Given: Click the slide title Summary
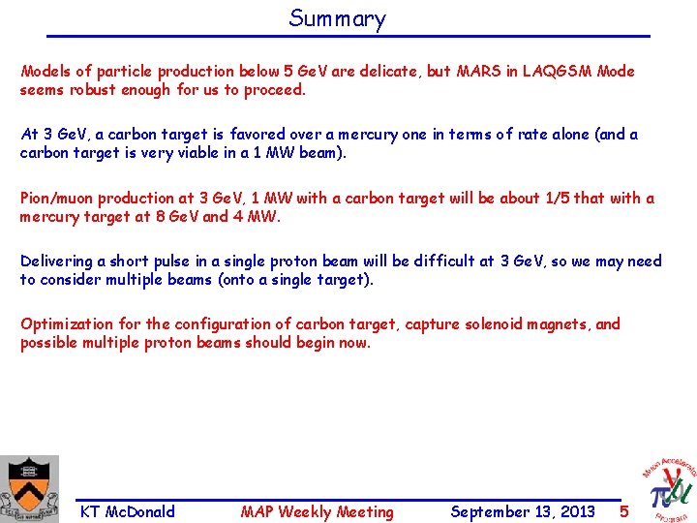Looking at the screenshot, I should click(x=337, y=18).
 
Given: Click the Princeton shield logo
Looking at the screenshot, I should click(x=30, y=488).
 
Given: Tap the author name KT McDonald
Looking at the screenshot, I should click(x=128, y=512).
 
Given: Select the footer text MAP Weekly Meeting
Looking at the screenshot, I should click(x=318, y=512).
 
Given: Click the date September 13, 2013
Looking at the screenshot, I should click(x=523, y=512).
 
